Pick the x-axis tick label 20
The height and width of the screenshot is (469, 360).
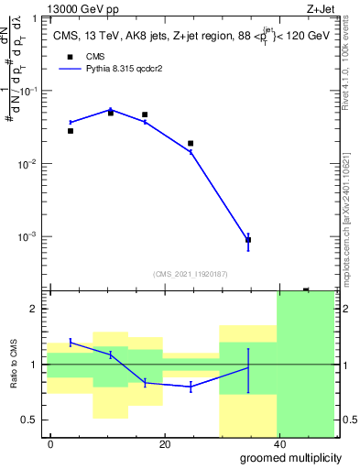click(165, 444)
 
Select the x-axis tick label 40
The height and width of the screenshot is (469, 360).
click(278, 444)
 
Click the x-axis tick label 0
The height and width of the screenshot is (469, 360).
click(51, 444)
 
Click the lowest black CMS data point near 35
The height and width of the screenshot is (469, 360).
click(248, 240)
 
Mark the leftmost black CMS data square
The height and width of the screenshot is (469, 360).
click(71, 131)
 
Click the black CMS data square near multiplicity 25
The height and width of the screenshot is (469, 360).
click(191, 144)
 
